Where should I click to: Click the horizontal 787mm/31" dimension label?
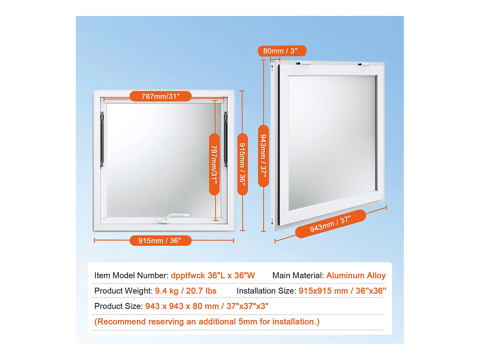coord(160,96)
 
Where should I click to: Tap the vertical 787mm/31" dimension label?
coord(214,164)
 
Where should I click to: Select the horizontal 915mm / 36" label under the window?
coord(160,240)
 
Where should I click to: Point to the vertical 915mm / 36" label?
coord(243,164)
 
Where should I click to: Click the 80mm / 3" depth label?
coord(282,51)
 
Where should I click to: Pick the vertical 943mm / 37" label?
coord(263,156)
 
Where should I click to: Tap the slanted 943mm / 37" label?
coord(331,224)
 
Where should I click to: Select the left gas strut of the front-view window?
coord(102,140)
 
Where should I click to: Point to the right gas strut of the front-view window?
coord(226,140)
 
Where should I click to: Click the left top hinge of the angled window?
coord(304,63)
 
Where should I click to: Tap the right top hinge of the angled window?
coord(364,64)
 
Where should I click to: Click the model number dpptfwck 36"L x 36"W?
coord(213,276)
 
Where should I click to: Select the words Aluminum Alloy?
coord(356,276)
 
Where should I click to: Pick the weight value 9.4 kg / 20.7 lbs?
coord(186,291)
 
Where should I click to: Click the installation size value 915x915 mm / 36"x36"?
coord(342,291)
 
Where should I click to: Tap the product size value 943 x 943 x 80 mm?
coord(182,306)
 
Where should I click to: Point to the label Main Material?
coord(298,276)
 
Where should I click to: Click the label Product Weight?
coord(124,291)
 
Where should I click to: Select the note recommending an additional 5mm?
coord(207,322)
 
